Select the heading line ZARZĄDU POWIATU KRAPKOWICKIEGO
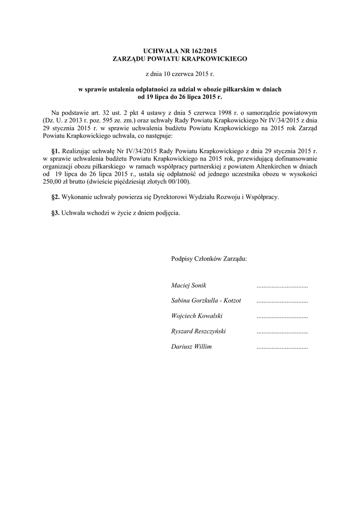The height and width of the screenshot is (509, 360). (x=180, y=59)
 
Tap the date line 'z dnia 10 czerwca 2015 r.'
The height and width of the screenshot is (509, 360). (x=180, y=74)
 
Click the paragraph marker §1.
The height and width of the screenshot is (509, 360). (x=56, y=150)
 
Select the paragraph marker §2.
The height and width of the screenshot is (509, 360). (x=56, y=197)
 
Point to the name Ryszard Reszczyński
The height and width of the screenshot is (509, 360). (x=198, y=331)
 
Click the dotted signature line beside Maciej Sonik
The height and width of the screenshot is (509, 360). (x=282, y=286)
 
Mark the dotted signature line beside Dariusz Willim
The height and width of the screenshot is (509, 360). (x=282, y=347)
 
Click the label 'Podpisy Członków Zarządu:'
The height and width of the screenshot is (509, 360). (x=209, y=259)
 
